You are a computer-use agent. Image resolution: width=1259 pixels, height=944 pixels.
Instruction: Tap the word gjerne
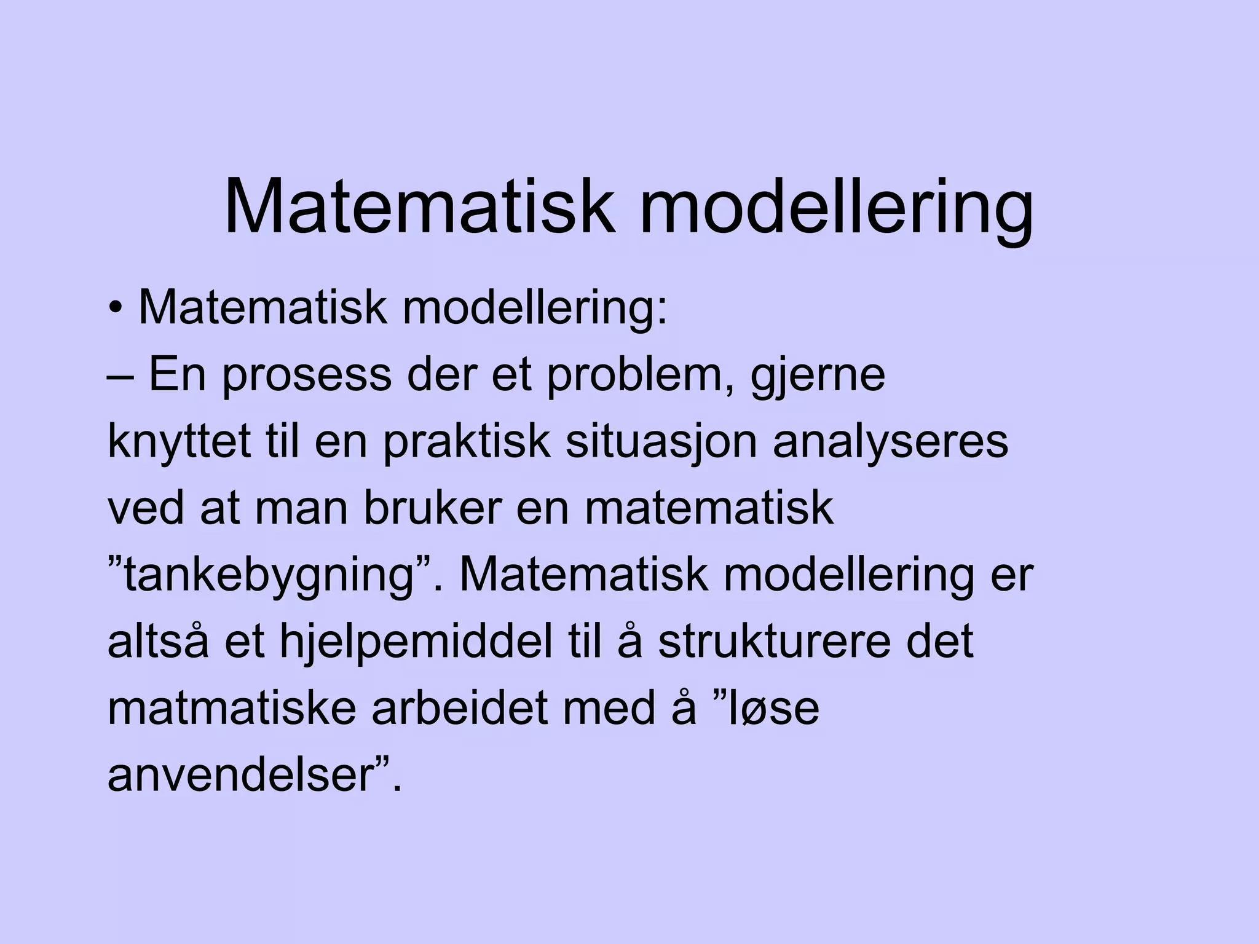pos(818,376)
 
